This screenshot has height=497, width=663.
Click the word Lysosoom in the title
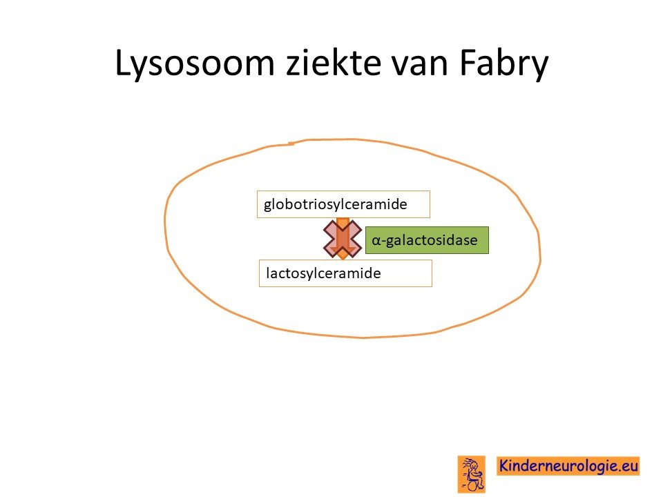coord(195,64)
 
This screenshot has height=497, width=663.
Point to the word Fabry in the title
coord(504,64)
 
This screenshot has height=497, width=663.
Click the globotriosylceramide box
coord(343,204)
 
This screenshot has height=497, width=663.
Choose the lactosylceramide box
coord(345,273)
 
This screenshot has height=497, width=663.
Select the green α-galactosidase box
coord(427,240)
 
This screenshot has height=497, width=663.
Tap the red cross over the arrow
coord(343,239)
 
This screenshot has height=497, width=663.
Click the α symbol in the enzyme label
coord(376,240)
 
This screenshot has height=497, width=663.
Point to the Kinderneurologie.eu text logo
coord(568,466)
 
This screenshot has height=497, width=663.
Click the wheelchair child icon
coord(472,474)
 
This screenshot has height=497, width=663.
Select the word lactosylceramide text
coord(323,273)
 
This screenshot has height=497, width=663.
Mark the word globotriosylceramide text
coord(336,204)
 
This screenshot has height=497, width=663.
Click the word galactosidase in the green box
coord(432,240)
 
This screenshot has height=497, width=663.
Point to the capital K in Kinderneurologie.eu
coord(504,466)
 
